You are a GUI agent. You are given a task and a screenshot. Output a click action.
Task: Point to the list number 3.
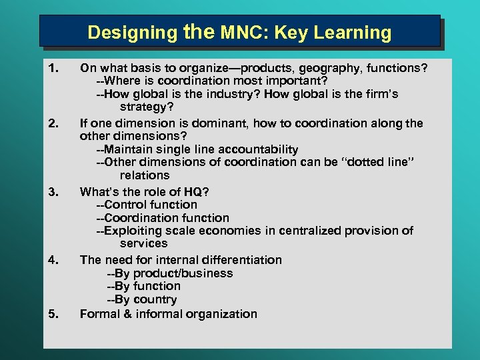click(x=54, y=192)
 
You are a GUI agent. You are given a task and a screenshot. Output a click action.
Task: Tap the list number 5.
click(x=54, y=314)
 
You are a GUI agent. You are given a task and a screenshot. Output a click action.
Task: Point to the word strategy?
click(x=146, y=107)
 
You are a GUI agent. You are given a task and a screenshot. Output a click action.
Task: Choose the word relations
click(x=145, y=175)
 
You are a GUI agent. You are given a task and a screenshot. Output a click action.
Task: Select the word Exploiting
click(x=136, y=231)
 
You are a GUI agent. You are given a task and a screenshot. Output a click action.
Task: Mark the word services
click(x=143, y=243)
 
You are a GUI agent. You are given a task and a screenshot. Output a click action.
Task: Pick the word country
click(x=155, y=300)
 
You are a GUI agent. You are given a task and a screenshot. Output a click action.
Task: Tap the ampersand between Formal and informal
click(x=127, y=314)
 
